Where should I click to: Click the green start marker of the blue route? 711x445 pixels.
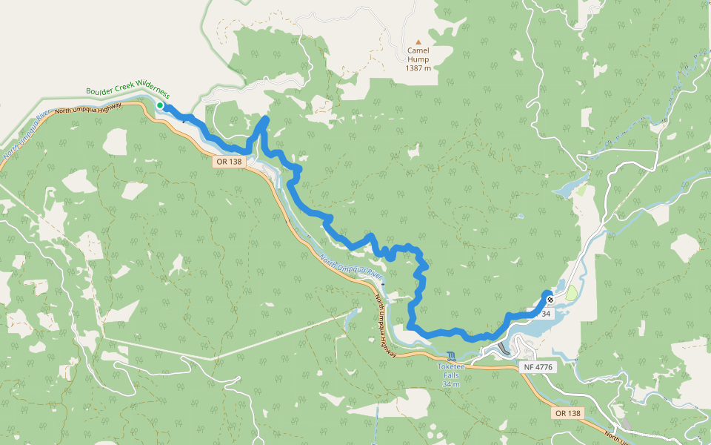pos(160,105)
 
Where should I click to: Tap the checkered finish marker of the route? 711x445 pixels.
pos(550,300)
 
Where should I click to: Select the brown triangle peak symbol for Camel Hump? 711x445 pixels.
pos(418,42)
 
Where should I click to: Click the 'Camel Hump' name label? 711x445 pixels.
pos(418,51)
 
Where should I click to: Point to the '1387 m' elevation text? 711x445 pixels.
pos(418,67)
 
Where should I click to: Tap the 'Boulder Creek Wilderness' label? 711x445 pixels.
pos(127,93)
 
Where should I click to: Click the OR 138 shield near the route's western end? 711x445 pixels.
pos(229,161)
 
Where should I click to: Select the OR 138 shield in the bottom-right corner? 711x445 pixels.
pos(568,412)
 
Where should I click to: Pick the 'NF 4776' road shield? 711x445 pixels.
pos(538,366)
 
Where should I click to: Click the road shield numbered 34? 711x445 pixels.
pos(546,314)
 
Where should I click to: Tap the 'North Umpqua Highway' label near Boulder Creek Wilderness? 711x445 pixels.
pos(88,109)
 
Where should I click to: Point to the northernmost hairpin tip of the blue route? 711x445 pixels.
pos(265,119)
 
